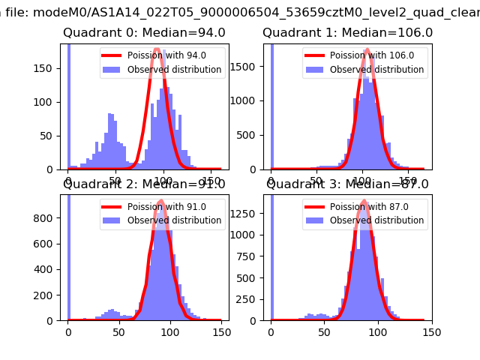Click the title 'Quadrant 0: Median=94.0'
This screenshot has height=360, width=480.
(144, 33)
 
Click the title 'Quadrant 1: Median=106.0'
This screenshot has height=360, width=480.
(347, 33)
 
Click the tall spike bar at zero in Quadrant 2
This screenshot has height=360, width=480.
(69, 255)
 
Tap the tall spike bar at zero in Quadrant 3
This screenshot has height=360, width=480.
(271, 255)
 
